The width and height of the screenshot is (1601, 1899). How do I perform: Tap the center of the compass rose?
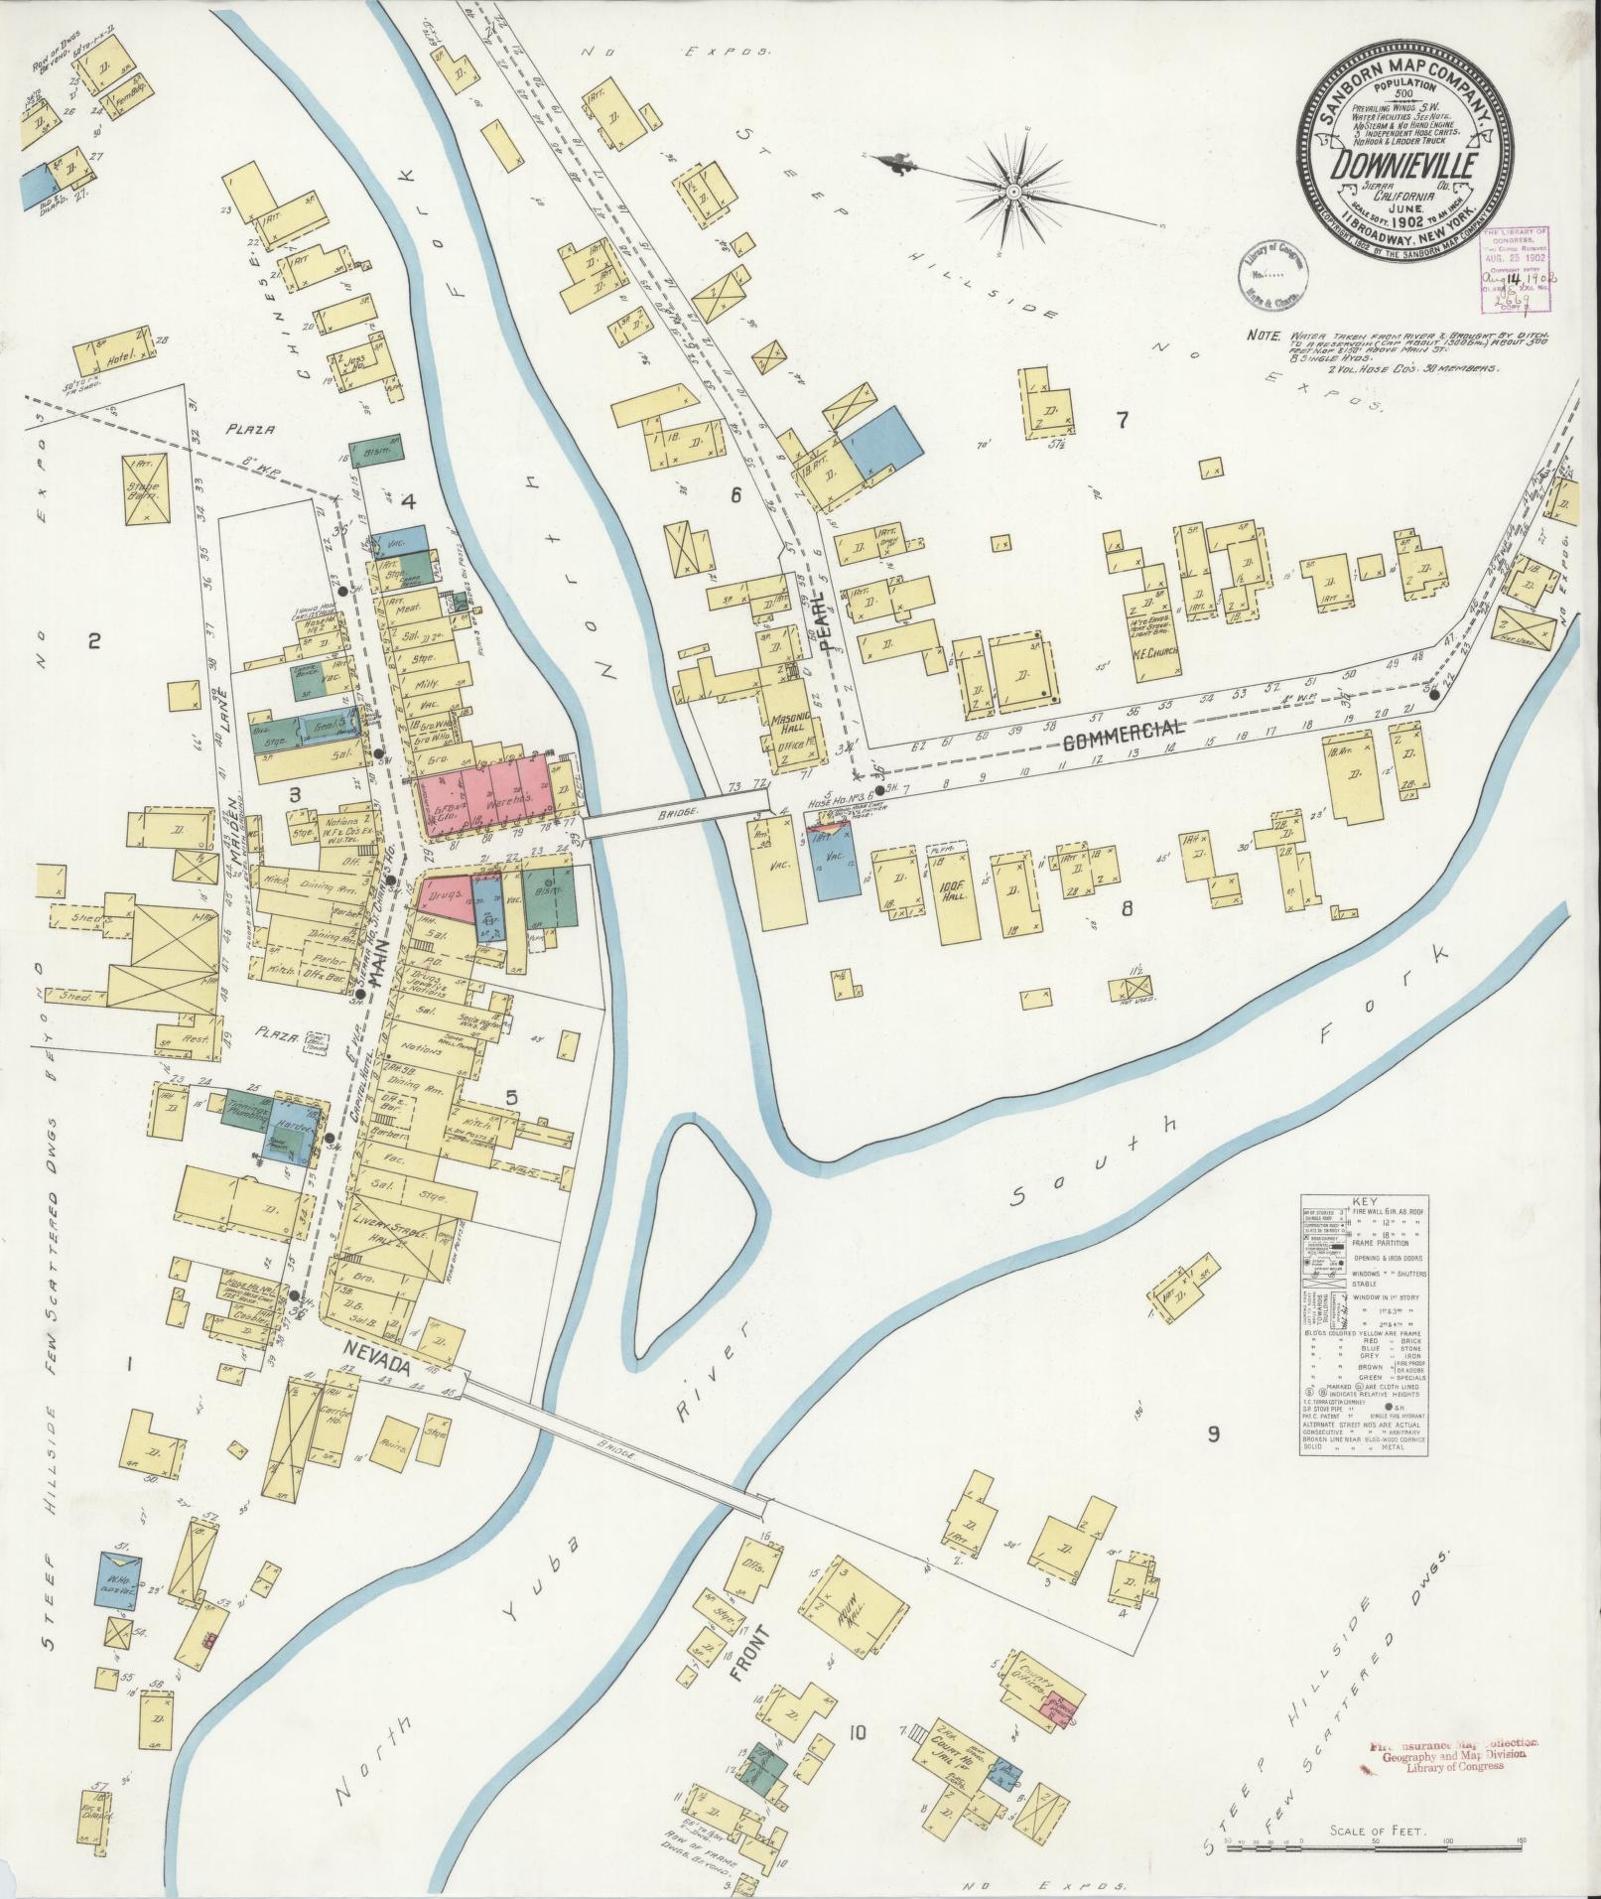pos(1014,190)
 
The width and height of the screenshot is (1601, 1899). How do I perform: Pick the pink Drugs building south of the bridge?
pos(442,896)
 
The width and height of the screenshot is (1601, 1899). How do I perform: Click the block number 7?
pos(1122,421)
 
